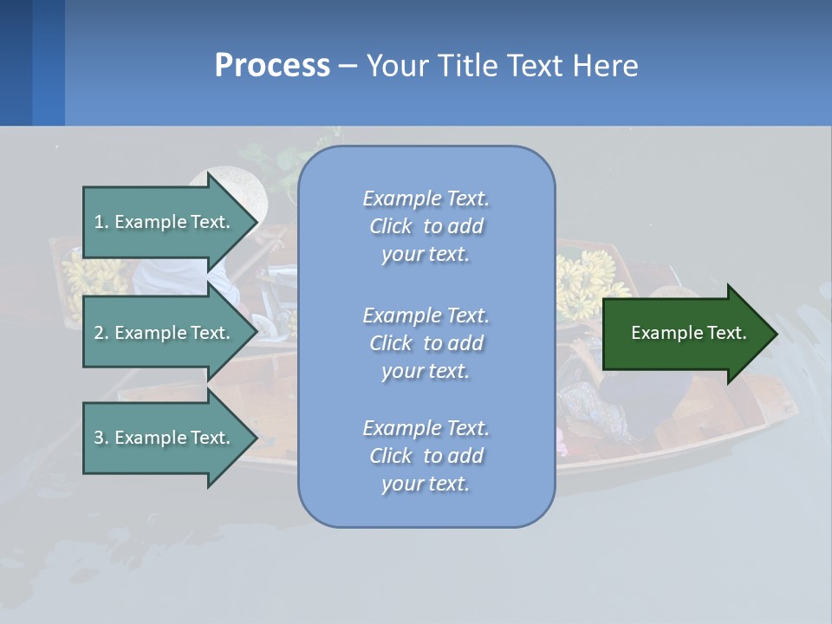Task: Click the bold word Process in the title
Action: click(272, 65)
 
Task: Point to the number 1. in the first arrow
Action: click(101, 222)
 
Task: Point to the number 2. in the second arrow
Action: click(101, 333)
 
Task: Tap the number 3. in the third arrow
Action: click(101, 438)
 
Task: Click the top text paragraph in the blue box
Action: click(426, 226)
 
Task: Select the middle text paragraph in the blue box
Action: click(426, 343)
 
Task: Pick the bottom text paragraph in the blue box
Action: click(426, 456)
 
